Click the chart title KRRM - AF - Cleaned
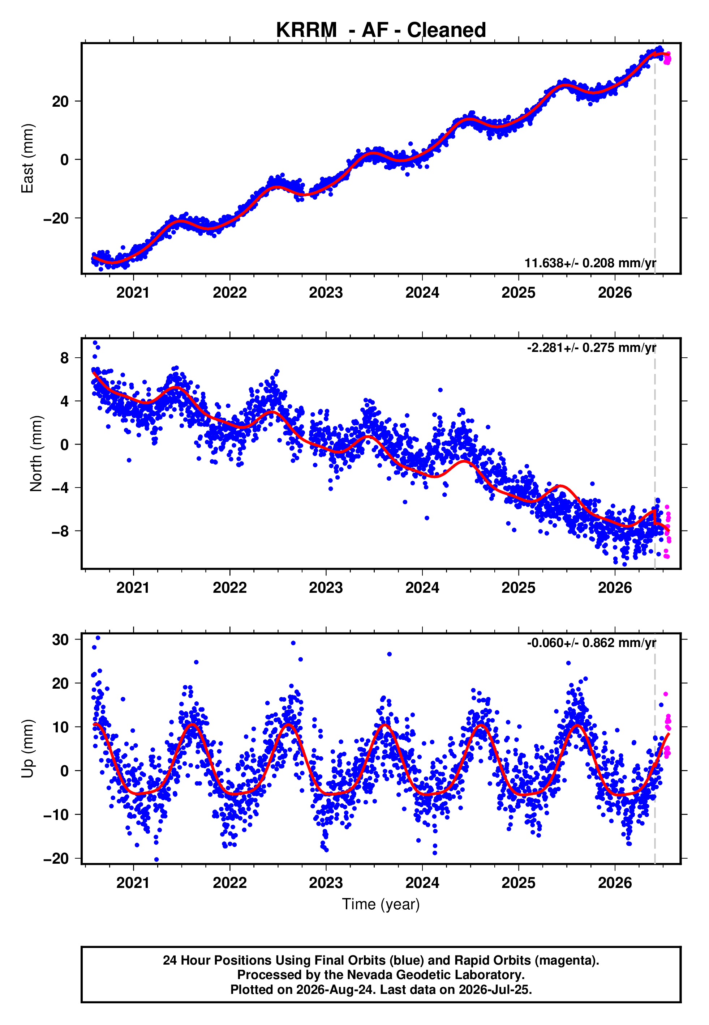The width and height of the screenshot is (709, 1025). click(x=381, y=30)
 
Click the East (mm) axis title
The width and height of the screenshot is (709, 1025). click(x=27, y=158)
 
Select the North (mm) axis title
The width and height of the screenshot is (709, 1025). click(x=36, y=454)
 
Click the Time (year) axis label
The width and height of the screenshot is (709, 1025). click(x=381, y=904)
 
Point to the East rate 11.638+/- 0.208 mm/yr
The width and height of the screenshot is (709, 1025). click(x=590, y=263)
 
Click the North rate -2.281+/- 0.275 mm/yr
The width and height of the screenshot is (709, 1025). click(x=591, y=348)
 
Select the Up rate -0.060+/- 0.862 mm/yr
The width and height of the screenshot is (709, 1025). click(x=591, y=643)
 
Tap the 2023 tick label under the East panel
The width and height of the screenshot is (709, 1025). click(x=326, y=293)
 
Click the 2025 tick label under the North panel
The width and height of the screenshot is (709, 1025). click(x=519, y=588)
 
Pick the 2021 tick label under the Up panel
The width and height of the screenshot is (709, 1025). click(x=133, y=883)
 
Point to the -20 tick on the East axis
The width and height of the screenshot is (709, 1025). click(x=56, y=218)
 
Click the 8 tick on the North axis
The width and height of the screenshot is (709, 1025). click(x=65, y=357)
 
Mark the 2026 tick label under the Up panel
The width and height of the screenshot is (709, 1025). click(x=615, y=883)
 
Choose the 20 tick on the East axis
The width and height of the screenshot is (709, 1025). click(x=60, y=101)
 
